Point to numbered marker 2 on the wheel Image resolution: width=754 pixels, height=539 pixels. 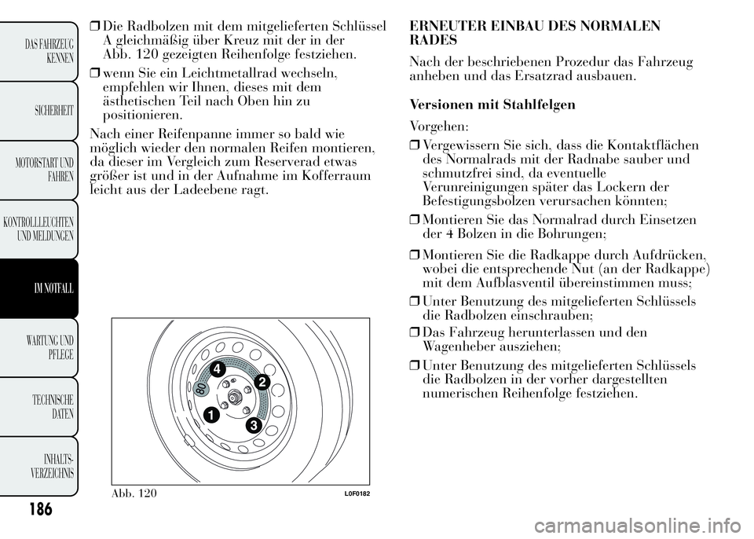click(262, 382)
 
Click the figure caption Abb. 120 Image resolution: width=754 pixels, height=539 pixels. click(136, 493)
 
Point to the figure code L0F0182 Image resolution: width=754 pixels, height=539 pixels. click(355, 493)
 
